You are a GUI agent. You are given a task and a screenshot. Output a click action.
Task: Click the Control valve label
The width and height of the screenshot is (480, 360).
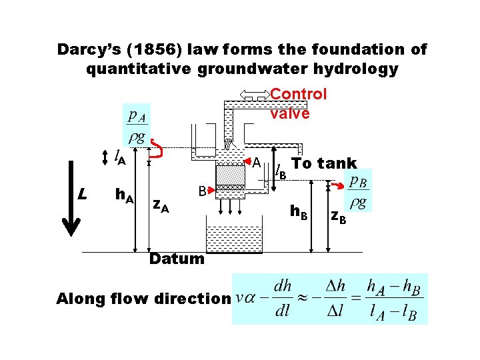[x=298, y=103]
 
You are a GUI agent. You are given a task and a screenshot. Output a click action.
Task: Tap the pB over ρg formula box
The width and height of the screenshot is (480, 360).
[x=359, y=192]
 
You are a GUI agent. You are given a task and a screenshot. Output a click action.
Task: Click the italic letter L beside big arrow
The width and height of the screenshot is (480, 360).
[x=81, y=195]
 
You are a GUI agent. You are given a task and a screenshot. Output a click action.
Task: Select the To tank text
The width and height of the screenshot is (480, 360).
[x=325, y=164]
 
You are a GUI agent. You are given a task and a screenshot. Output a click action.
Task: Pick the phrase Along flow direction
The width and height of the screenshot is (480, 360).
[x=143, y=299]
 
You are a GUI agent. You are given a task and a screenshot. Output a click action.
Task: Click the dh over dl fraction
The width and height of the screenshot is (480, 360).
[x=283, y=299]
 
